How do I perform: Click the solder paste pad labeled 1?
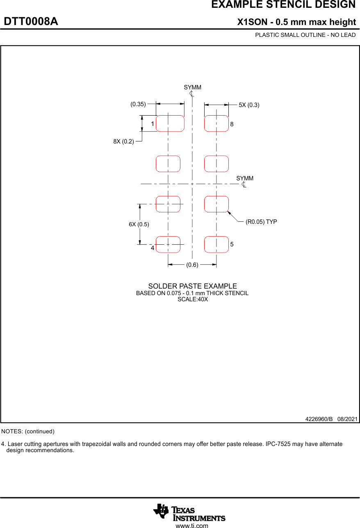click(x=170, y=123)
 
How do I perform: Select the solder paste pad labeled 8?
click(x=216, y=123)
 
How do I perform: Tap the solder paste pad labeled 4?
click(x=168, y=244)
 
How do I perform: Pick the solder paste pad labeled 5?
click(x=216, y=244)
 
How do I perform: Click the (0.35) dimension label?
click(x=138, y=104)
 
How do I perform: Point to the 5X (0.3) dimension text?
click(x=249, y=105)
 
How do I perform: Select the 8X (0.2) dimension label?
click(x=124, y=141)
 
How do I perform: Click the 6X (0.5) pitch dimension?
click(x=139, y=224)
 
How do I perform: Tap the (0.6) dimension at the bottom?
click(x=192, y=265)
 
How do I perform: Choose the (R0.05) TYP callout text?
click(x=261, y=222)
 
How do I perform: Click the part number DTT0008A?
click(x=31, y=22)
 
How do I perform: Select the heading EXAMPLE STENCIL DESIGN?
click(x=283, y=5)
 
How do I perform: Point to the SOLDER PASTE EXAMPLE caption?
click(x=192, y=286)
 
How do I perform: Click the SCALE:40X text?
click(x=192, y=299)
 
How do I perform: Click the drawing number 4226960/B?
click(x=319, y=419)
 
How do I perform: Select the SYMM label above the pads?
click(x=192, y=87)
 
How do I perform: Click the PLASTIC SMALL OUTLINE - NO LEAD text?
click(x=305, y=35)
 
